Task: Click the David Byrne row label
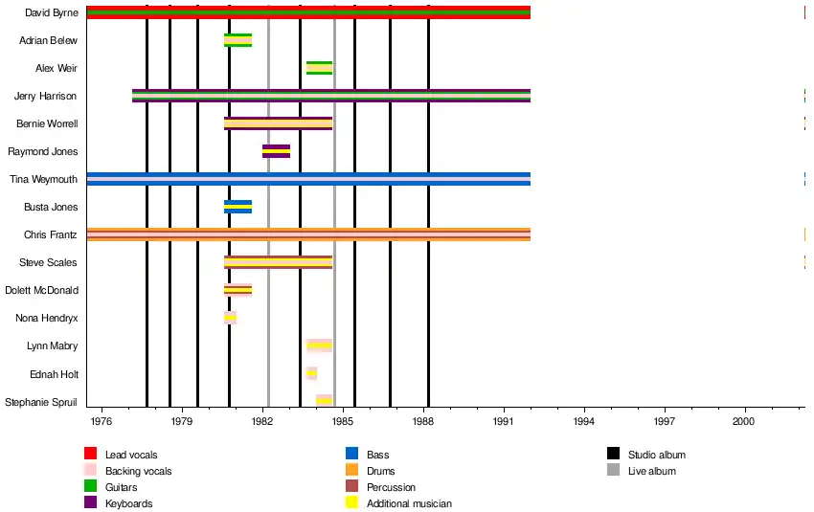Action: click(x=52, y=12)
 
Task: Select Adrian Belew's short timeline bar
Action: click(x=237, y=40)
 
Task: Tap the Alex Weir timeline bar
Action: click(x=319, y=68)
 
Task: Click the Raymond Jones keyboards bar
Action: click(x=276, y=151)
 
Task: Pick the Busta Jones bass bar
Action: click(x=237, y=207)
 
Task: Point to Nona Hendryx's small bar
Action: click(x=230, y=318)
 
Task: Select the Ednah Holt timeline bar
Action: click(x=311, y=373)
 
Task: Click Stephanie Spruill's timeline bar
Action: click(x=324, y=400)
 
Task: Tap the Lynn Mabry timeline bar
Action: click(x=319, y=345)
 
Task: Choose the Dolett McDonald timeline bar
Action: click(x=237, y=290)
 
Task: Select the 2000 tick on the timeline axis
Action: click(x=744, y=421)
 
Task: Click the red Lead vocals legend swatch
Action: click(x=91, y=454)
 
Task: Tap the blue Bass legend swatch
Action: click(x=352, y=454)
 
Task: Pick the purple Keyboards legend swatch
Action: click(x=91, y=502)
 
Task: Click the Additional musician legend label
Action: click(x=409, y=503)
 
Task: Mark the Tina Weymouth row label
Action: click(x=43, y=179)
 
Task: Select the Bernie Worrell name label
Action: click(x=47, y=123)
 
